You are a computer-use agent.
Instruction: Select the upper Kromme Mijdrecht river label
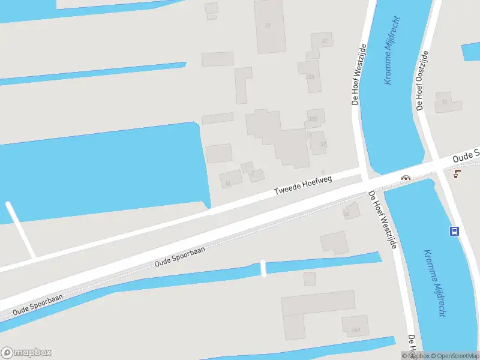pyautogui.click(x=392, y=50)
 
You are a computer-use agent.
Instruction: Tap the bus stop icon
pyautogui.click(x=454, y=231)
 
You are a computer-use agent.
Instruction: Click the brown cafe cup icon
pyautogui.click(x=458, y=174)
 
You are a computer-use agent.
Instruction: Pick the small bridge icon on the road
pyautogui.click(x=406, y=178)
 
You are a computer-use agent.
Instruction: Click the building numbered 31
pyautogui.click(x=268, y=25)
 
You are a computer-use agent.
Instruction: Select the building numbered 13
pyautogui.click(x=445, y=102)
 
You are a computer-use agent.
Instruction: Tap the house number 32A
pyautogui.click(x=310, y=77)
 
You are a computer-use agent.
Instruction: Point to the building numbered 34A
pyautogui.click(x=356, y=329)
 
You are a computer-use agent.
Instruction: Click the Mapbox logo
pyautogui.click(x=26, y=352)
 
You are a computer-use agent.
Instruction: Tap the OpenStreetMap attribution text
pyautogui.click(x=454, y=356)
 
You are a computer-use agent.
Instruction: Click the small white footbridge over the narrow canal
pyautogui.click(x=263, y=268)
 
